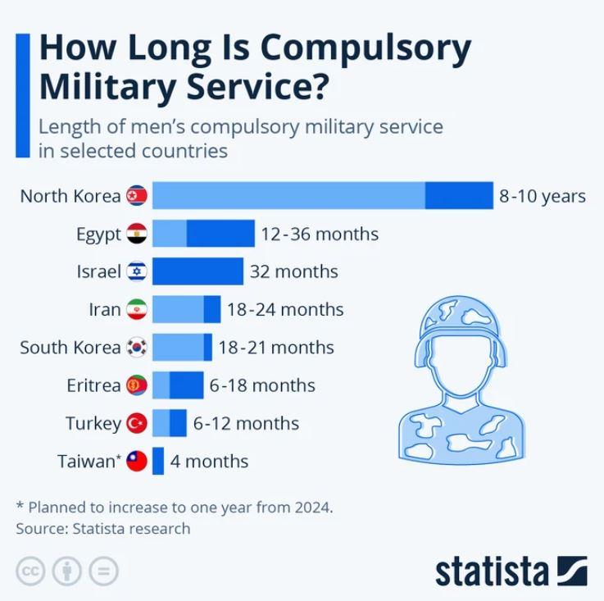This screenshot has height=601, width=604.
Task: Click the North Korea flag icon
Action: pos(136,196)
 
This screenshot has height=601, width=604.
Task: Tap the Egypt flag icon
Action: pos(136,234)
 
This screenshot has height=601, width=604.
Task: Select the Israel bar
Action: pos(198,271)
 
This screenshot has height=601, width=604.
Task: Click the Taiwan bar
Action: pos(158,461)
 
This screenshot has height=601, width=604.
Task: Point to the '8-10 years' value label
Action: pos(543,196)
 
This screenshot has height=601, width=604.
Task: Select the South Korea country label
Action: pos(70,347)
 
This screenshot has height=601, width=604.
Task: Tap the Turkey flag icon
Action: pos(136,423)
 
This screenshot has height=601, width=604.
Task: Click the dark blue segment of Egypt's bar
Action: pos(220,234)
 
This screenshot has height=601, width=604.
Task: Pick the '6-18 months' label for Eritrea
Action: pos(262,385)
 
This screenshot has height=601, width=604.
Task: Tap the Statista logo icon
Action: pos(571,571)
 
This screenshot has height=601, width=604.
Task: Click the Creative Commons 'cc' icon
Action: pos(30,571)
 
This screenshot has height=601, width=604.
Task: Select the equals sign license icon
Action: pos(104,571)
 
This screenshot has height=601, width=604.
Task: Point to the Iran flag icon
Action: pos(136,310)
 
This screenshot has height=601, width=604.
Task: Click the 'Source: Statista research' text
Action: pos(103,528)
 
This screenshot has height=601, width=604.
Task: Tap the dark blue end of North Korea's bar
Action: pos(459,196)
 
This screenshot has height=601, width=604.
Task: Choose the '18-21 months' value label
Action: pos(276,347)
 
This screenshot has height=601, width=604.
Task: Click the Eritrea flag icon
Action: pos(136,385)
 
